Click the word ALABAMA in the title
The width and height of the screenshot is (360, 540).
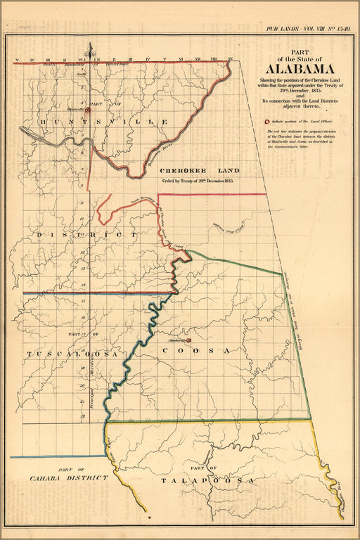coord(290,70)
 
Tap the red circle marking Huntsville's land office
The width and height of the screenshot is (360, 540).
coord(89,110)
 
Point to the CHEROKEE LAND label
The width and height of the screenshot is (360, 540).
coord(200,171)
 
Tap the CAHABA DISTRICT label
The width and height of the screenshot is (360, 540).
coord(69,477)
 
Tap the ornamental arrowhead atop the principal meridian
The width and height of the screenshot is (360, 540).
coord(89,50)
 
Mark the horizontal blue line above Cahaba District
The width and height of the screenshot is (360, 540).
coord(56,456)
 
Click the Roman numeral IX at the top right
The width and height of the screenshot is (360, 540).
coord(230,59)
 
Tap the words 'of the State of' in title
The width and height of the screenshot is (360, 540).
coord(290,58)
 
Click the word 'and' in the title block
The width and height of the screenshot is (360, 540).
coord(290,96)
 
